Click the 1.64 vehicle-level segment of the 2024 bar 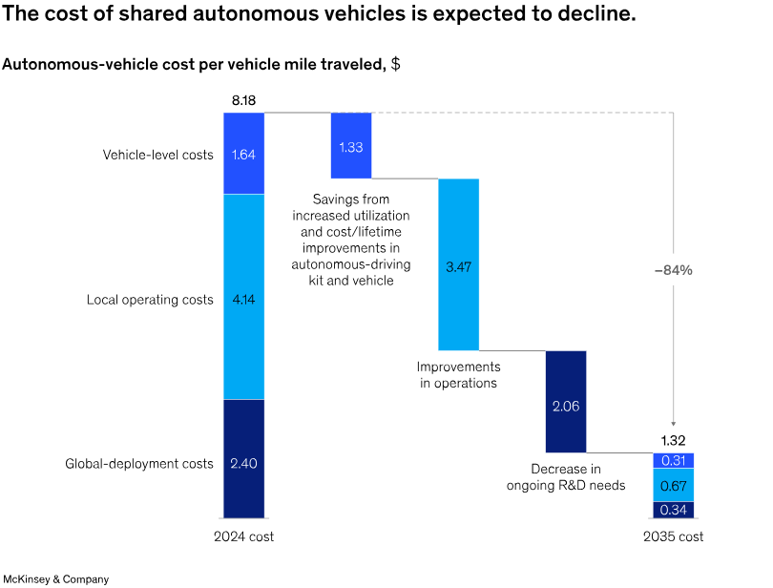coord(243,153)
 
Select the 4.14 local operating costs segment coord(243,297)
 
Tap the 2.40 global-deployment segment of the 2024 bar coord(243,463)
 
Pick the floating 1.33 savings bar coord(350,145)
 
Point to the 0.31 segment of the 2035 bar coord(673,460)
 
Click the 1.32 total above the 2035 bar coord(673,441)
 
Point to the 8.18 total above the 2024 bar coord(243,99)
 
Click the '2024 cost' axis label coord(243,536)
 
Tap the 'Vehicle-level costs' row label coord(158,154)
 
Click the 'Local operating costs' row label coord(150,300)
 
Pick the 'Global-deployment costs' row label coord(139,464)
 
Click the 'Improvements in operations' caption coord(458,374)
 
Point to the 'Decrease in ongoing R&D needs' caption coord(565,476)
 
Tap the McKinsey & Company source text coord(56,578)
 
